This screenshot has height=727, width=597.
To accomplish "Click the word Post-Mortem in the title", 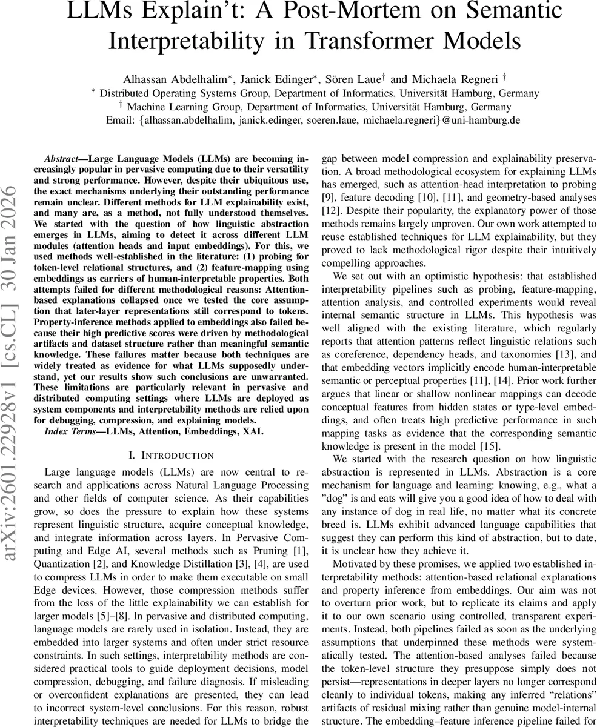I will [x=364, y=12].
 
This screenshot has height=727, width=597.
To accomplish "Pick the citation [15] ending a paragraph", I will [x=491, y=446].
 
